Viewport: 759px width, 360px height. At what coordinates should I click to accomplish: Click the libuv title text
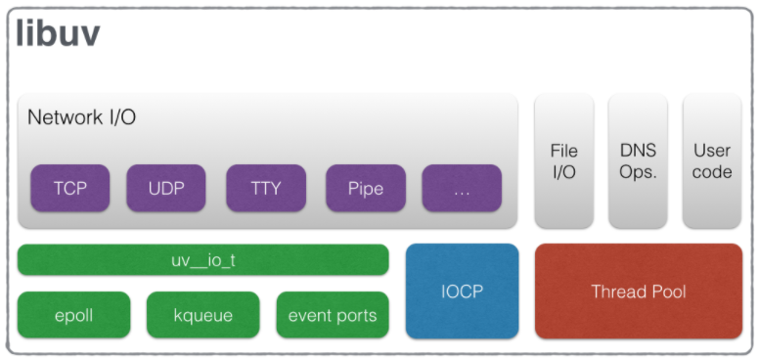58,34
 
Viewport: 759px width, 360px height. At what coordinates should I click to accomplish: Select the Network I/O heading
81,117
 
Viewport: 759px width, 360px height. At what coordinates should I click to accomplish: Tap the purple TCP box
69,188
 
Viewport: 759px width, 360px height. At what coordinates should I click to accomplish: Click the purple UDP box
165,188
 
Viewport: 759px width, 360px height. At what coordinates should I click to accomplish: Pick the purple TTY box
265,188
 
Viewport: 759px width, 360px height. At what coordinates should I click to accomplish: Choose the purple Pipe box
365,188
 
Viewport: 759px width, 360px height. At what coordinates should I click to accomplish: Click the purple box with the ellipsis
462,188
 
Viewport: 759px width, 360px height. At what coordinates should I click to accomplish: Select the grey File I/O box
563,161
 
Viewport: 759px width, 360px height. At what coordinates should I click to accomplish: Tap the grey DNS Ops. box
638,161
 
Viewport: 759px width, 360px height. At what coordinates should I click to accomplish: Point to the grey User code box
712,161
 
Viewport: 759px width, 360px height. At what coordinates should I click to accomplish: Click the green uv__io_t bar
202,260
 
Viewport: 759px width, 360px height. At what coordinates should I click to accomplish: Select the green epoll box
73,315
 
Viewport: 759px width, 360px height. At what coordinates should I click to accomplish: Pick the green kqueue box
202,315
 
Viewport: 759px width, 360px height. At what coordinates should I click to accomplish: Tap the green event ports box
333,315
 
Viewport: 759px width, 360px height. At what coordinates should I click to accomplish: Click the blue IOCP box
462,292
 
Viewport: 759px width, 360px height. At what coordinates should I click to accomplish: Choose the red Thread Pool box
638,292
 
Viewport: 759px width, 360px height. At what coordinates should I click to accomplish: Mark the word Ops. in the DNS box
638,172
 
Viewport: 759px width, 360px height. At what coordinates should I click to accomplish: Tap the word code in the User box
712,172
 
